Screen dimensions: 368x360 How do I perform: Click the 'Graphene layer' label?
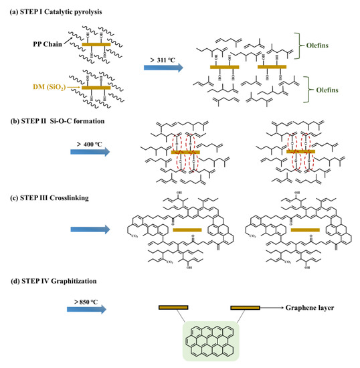tap(313, 308)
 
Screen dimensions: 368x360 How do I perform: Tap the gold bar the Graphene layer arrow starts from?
tap(245, 308)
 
